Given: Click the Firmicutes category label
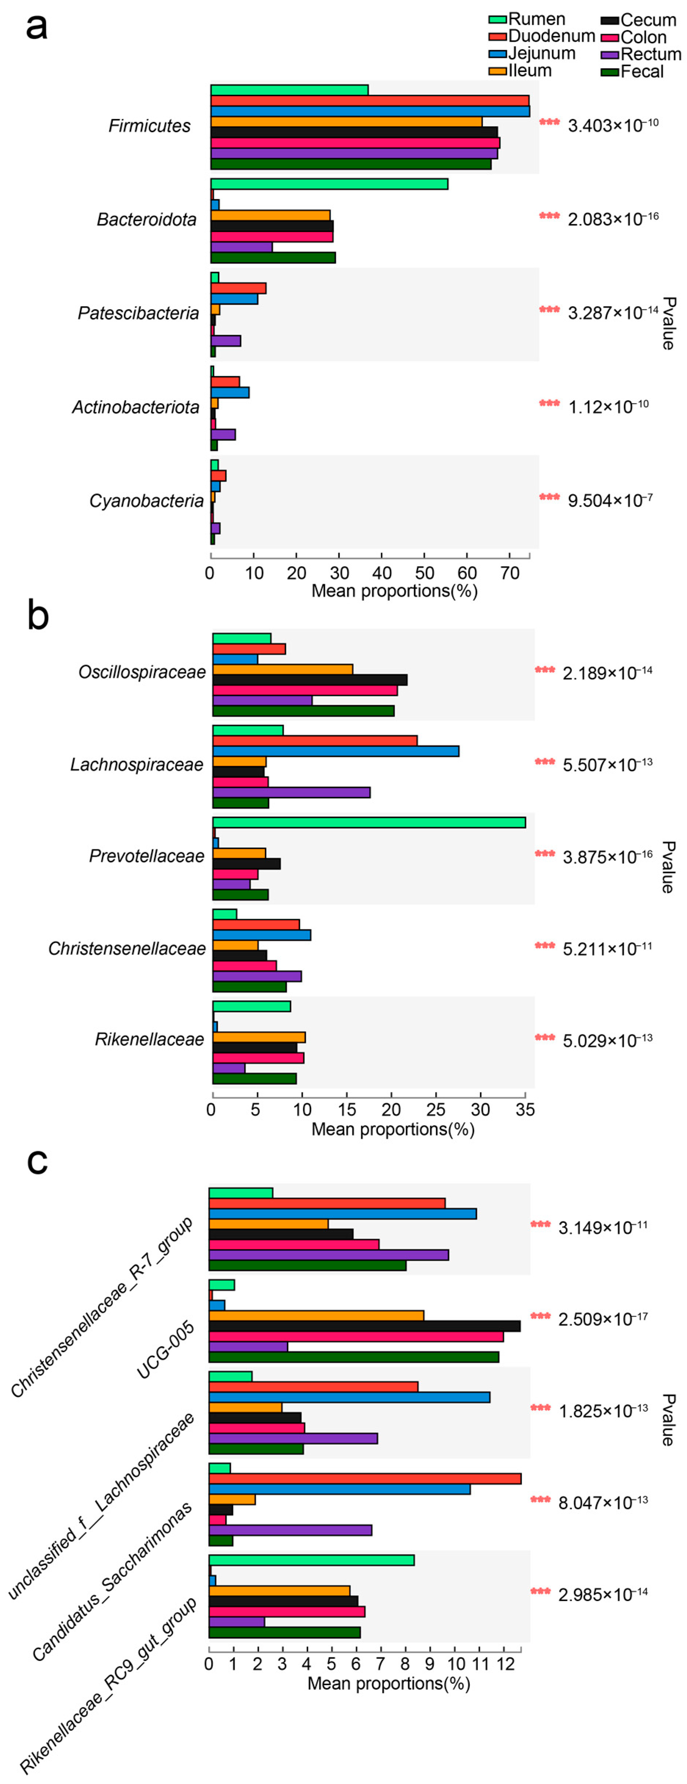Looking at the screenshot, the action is [x=149, y=126].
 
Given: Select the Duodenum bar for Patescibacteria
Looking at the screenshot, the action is [x=238, y=288].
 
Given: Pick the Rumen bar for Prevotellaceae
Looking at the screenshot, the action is [x=368, y=823].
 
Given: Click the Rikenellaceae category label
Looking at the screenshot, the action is [x=149, y=1040].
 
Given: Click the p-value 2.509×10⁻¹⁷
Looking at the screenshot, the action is [x=603, y=1318].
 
